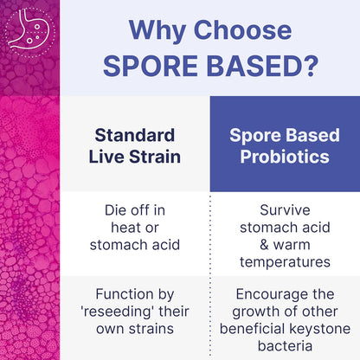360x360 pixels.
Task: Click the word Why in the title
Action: [x=155, y=29]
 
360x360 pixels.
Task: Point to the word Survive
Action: [x=285, y=210]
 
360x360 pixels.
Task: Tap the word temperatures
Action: [x=285, y=260]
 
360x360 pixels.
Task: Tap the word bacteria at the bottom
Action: [x=285, y=345]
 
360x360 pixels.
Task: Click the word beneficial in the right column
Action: [x=253, y=328]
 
